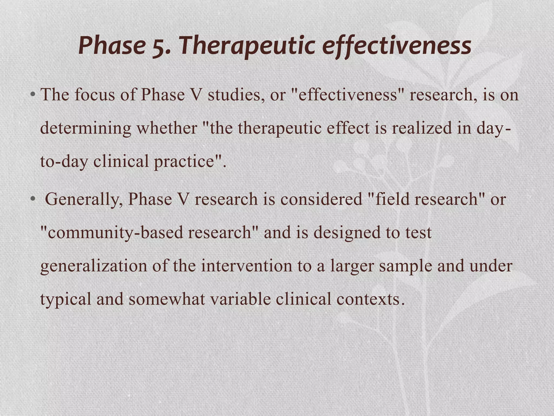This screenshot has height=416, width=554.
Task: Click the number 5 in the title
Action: (160, 46)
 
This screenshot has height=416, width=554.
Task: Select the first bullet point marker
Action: (33, 95)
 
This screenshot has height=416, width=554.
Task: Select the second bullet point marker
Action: (33, 199)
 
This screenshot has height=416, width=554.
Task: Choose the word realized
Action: (422, 128)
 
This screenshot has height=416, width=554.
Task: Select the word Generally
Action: (84, 199)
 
